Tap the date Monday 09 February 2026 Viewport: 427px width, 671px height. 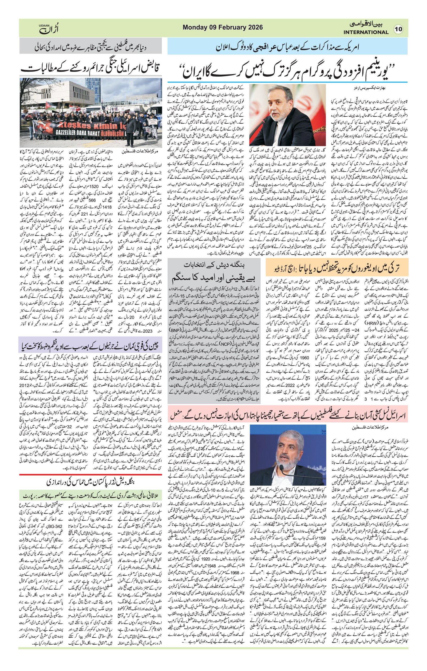223,27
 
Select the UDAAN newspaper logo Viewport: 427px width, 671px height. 49,28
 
